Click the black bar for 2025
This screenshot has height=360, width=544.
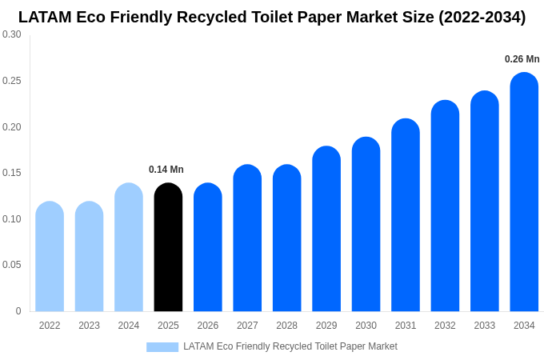(x=168, y=248)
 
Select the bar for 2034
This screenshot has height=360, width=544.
(x=524, y=192)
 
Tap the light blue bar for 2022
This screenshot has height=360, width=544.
(x=50, y=256)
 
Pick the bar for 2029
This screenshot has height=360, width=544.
(x=326, y=229)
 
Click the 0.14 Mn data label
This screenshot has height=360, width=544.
(x=166, y=170)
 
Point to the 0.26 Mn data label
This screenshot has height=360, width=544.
(x=522, y=59)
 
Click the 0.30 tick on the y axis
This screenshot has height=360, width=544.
(x=12, y=34)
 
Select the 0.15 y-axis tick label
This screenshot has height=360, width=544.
(x=12, y=173)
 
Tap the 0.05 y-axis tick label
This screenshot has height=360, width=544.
(x=12, y=265)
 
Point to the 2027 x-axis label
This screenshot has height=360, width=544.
(x=247, y=326)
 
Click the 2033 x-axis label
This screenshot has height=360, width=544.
(x=485, y=326)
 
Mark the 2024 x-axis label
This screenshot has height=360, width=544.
(x=129, y=326)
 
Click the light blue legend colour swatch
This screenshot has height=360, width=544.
(x=162, y=347)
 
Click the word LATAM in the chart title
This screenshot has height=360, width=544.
(x=45, y=17)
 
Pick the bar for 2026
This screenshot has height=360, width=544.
(x=208, y=248)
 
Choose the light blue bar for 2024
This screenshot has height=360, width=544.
(x=129, y=248)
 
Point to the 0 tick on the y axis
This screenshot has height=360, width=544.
(x=18, y=311)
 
